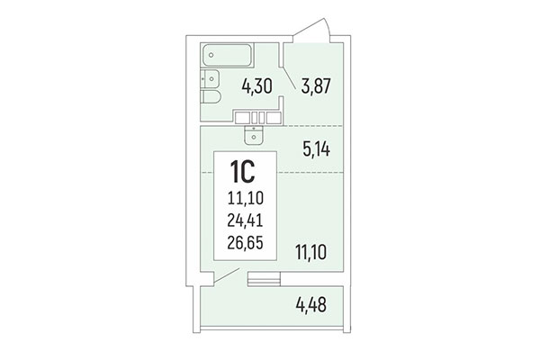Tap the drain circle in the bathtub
(x=210, y=55)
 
